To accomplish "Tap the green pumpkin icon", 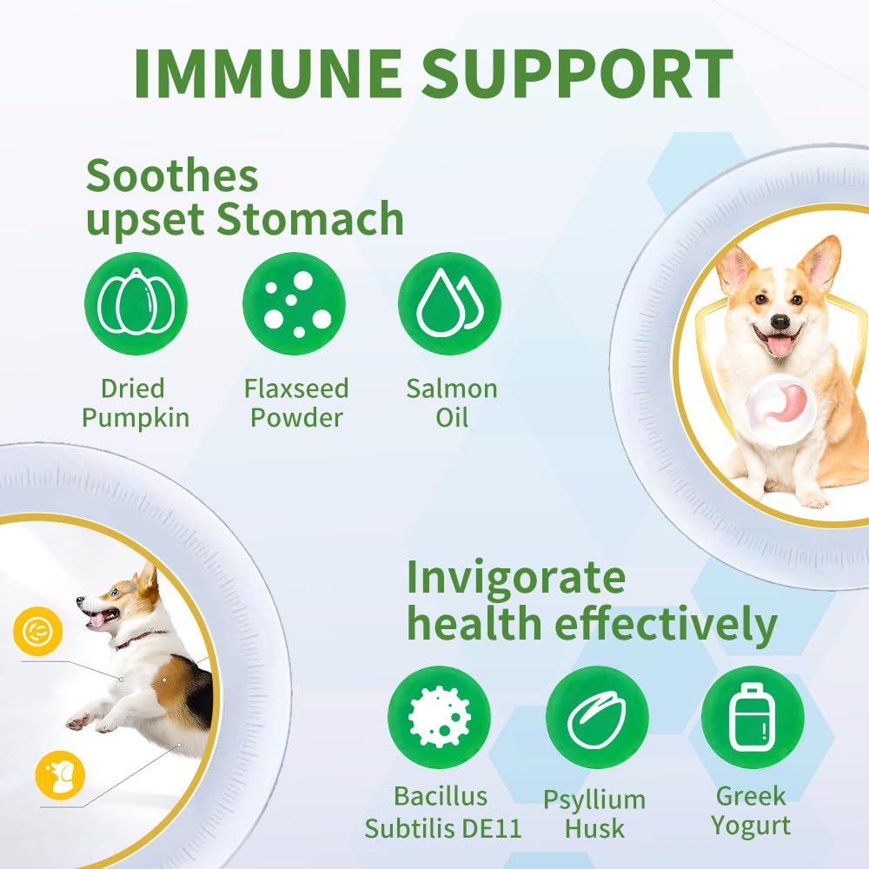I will [136, 304].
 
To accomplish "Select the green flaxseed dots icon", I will [294, 304].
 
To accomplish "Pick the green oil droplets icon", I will [449, 304].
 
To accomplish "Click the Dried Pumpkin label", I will [136, 402].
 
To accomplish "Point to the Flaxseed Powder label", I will [295, 402].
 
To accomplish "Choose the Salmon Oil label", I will [452, 402].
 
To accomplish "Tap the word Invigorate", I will [516, 577].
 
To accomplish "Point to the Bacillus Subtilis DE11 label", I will [442, 813].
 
